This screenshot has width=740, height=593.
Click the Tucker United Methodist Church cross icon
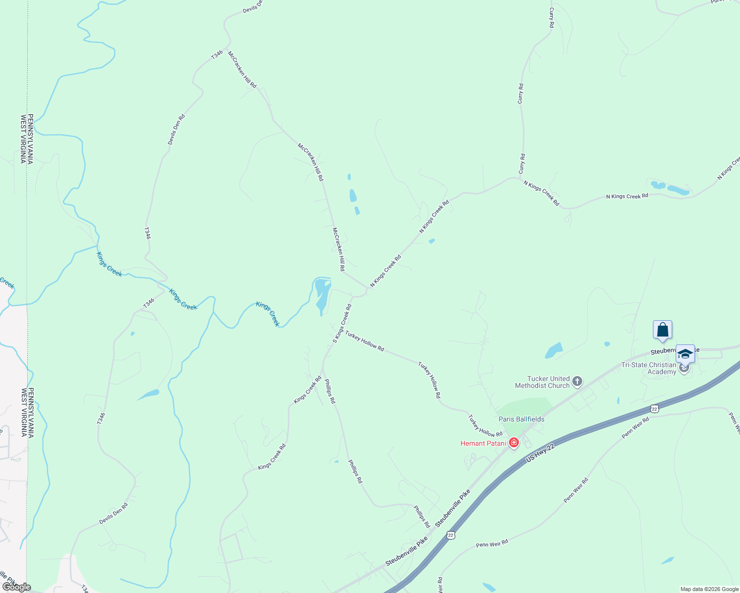click(577, 381)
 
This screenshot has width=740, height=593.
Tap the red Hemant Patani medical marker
click(514, 442)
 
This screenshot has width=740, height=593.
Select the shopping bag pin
click(662, 330)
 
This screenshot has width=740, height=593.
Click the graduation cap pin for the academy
click(685, 354)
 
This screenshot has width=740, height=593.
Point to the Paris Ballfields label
click(521, 419)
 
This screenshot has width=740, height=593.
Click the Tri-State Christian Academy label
click(648, 369)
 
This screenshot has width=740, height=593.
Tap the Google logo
click(16, 587)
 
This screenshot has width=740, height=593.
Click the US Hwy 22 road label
click(541, 453)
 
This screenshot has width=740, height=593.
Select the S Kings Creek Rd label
click(342, 324)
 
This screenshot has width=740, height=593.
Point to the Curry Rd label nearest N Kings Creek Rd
click(522, 164)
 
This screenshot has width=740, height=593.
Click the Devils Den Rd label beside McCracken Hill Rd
click(176, 129)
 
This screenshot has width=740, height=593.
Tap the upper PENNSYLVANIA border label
click(30, 139)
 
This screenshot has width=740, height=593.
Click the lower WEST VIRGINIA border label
click(23, 412)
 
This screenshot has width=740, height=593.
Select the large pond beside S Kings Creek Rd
click(322, 294)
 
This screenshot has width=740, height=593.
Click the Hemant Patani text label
click(483, 443)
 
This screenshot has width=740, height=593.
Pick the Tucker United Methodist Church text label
click(542, 382)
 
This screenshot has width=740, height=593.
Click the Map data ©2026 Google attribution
click(709, 589)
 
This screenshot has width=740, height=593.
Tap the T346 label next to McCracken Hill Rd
click(217, 55)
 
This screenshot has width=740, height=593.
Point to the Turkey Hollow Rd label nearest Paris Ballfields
click(485, 426)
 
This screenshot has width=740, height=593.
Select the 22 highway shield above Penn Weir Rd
click(654, 409)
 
